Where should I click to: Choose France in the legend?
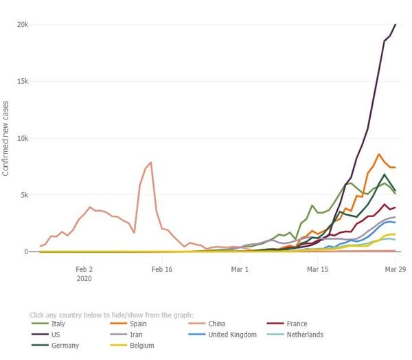297,324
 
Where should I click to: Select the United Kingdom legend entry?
232,335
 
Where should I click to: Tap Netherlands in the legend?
305,335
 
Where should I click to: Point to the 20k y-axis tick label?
23,25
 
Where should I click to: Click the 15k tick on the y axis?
23,81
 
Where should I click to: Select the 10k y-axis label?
23,138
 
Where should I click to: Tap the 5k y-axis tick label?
24,195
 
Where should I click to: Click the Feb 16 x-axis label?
162,270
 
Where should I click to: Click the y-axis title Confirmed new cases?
6,138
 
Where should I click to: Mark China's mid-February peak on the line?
150,163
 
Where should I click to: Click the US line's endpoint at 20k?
396,25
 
